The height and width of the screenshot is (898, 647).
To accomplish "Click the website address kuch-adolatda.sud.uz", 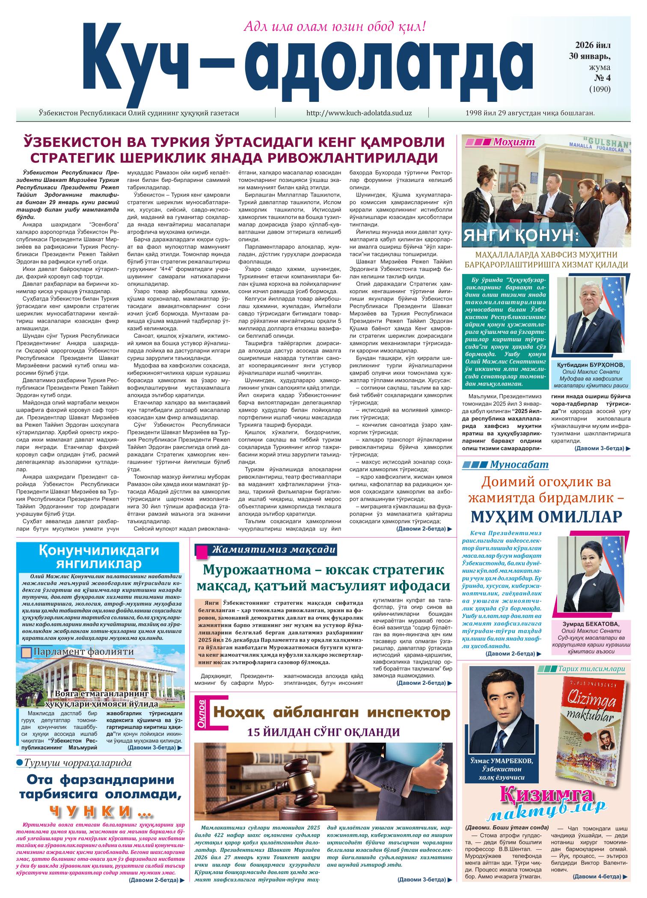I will [359, 113].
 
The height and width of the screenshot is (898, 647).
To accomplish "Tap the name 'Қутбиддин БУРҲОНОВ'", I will [591, 365].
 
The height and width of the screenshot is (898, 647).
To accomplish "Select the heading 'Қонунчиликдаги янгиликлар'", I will [99, 557].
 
